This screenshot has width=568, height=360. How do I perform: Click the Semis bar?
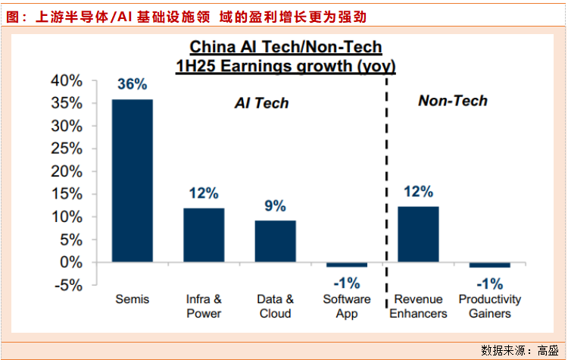coord(132,180)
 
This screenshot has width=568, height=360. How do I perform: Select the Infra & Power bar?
coord(204,234)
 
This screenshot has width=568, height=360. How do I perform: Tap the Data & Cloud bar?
coord(275,240)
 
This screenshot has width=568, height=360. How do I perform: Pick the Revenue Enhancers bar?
coord(418,233)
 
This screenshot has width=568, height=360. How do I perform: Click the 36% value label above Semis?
coord(132,84)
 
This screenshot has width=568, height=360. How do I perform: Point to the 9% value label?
coord(275,205)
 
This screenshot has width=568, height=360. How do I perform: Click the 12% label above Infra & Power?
coord(204,193)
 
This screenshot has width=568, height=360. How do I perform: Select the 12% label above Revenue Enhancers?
coord(418,192)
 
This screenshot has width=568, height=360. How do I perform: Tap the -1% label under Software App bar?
coord(347,283)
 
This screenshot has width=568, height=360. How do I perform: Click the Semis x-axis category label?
coord(132,299)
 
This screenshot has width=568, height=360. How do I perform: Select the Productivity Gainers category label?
coord(490,306)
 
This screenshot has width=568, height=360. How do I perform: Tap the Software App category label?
coord(347,306)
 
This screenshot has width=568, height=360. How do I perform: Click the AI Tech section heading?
coord(261,103)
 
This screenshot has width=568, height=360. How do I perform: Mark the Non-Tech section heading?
coord(453,101)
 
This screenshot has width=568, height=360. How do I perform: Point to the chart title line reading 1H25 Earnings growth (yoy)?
coord(286,66)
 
